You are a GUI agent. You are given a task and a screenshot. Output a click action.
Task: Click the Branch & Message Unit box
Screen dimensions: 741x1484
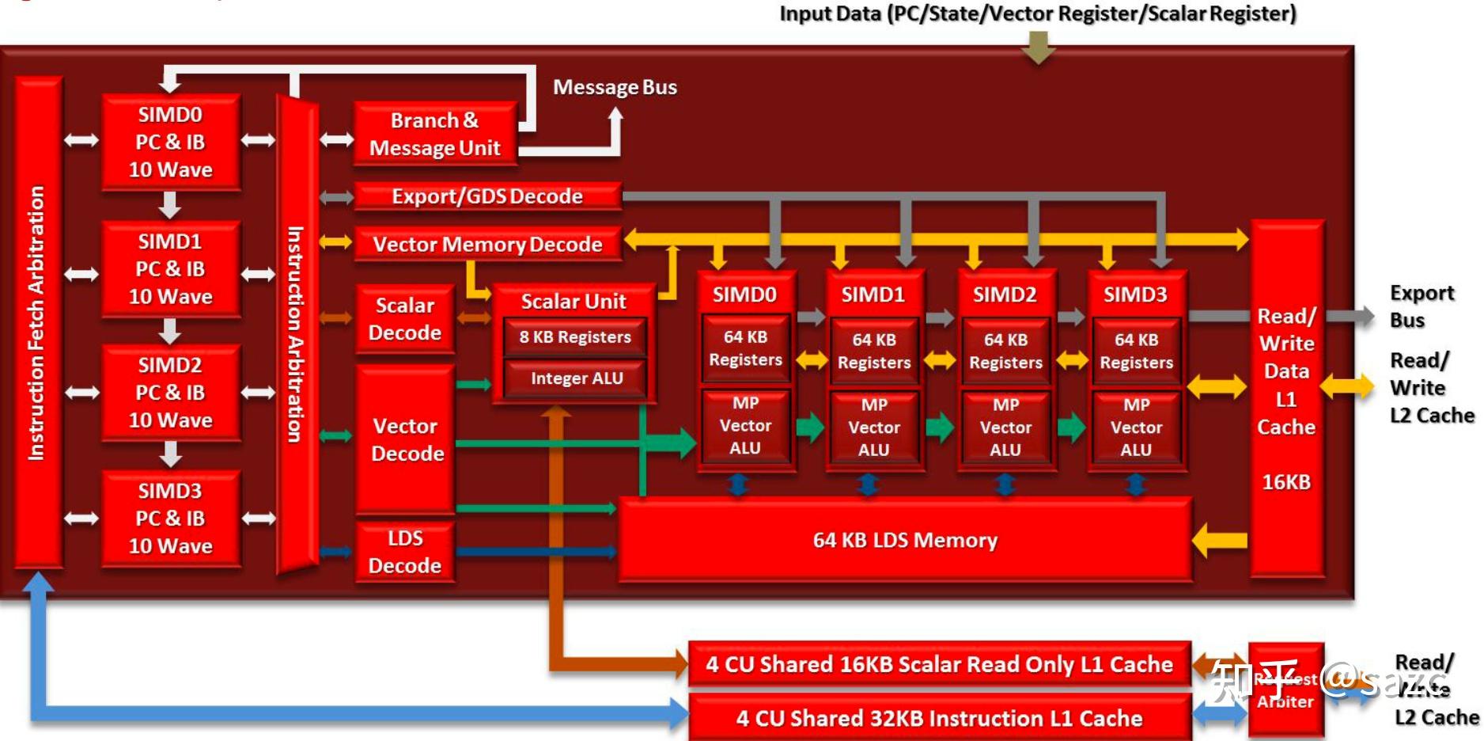pyautogui.click(x=434, y=134)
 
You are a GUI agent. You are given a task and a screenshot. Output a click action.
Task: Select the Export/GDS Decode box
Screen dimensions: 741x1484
pyautogui.click(x=487, y=196)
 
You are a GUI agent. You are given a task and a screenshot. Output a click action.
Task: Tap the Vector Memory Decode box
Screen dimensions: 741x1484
pyautogui.click(x=487, y=244)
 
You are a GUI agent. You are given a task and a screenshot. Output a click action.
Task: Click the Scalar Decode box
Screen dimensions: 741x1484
pyautogui.click(x=405, y=318)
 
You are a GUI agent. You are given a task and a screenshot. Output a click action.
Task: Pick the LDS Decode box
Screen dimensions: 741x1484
pyautogui.click(x=405, y=552)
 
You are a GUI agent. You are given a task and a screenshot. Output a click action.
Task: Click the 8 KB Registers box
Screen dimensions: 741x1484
pyautogui.click(x=575, y=337)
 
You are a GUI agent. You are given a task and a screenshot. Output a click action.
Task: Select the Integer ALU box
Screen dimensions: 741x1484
pyautogui.click(x=577, y=378)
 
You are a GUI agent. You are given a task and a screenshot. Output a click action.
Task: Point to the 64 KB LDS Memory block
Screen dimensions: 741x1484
pyautogui.click(x=905, y=540)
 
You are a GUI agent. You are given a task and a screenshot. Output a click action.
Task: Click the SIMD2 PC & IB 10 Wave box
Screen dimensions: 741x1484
pyautogui.click(x=170, y=393)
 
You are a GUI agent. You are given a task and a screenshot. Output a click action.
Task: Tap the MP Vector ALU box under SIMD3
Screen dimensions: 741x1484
pyautogui.click(x=1136, y=427)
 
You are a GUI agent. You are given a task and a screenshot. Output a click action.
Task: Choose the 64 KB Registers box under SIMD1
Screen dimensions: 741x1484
pyautogui.click(x=874, y=351)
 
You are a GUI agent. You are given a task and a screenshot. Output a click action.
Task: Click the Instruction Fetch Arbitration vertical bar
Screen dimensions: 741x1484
pyautogui.click(x=37, y=322)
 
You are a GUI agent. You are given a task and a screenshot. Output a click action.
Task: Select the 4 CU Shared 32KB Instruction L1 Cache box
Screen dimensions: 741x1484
pyautogui.click(x=939, y=718)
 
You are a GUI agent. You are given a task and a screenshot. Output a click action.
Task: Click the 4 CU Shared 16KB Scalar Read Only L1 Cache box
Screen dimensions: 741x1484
pyautogui.click(x=939, y=664)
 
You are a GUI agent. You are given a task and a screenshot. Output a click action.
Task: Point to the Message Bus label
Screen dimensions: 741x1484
pyautogui.click(x=615, y=87)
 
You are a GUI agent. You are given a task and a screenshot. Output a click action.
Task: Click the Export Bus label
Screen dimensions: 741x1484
pyautogui.click(x=1421, y=306)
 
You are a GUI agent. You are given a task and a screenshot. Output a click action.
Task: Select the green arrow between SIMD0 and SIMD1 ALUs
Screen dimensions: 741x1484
pyautogui.click(x=809, y=427)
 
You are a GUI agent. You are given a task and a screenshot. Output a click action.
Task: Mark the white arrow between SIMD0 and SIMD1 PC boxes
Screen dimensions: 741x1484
pyautogui.click(x=170, y=205)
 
